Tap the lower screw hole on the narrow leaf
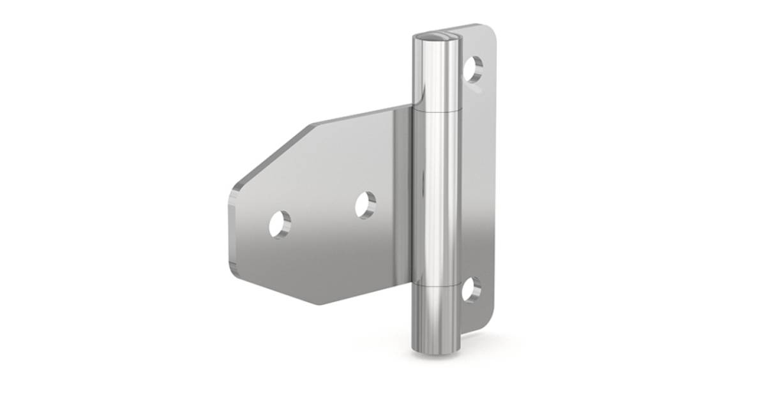pyautogui.click(x=471, y=290)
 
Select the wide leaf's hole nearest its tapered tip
pyautogui.click(x=280, y=224)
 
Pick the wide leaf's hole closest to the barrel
pyautogui.click(x=366, y=205)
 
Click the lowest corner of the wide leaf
pyautogui.click(x=319, y=303)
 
